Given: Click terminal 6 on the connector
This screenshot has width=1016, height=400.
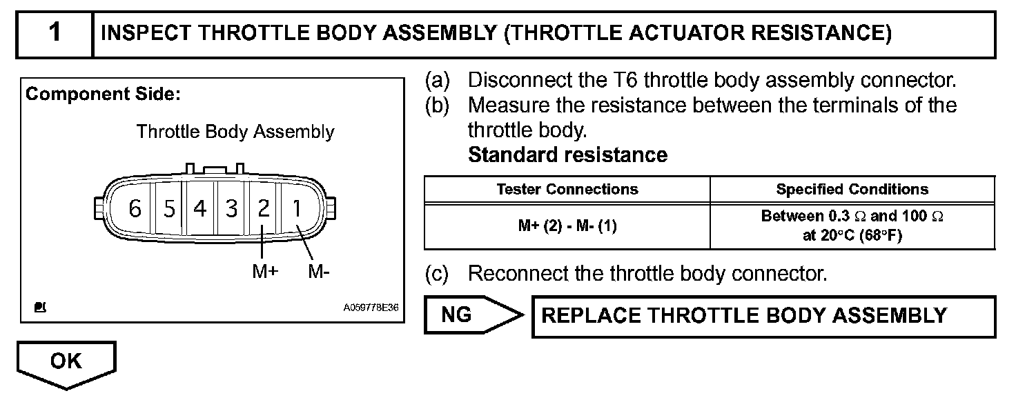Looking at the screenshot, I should [135, 208].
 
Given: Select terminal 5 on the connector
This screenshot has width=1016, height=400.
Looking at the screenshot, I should [169, 208].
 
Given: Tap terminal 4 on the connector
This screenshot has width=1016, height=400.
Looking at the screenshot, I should [200, 208].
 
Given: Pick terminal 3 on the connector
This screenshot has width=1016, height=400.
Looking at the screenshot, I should [232, 208].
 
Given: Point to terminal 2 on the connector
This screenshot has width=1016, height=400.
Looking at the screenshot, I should [264, 208].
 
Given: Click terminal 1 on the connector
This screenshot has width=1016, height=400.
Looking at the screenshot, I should [297, 208].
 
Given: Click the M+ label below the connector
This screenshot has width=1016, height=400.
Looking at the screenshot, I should [264, 272].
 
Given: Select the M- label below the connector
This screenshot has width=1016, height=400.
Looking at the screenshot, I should [319, 272].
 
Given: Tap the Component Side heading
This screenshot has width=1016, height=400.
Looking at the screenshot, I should [103, 94].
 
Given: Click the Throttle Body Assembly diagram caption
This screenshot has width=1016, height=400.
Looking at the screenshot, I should [235, 132].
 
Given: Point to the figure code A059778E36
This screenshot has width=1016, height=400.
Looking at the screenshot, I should [371, 308].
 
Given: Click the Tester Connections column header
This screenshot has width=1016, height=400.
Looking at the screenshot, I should [567, 189].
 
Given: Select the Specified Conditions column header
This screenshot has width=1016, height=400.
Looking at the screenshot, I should [852, 189].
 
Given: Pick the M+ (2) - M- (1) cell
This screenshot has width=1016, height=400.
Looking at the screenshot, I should [567, 226].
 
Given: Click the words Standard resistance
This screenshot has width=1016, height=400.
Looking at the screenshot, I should [567, 155].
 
